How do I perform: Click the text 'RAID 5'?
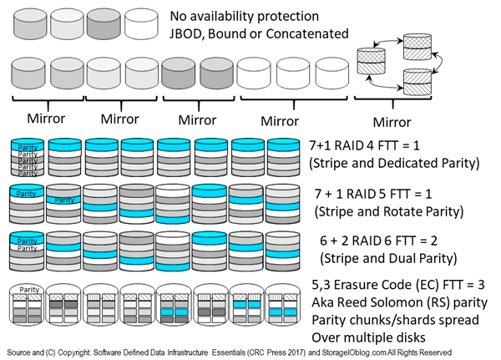coord(371,191)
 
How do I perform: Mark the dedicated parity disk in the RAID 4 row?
coord(27,156)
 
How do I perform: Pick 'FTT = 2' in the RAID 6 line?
coord(438,240)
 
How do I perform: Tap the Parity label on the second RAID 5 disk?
coord(63,200)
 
